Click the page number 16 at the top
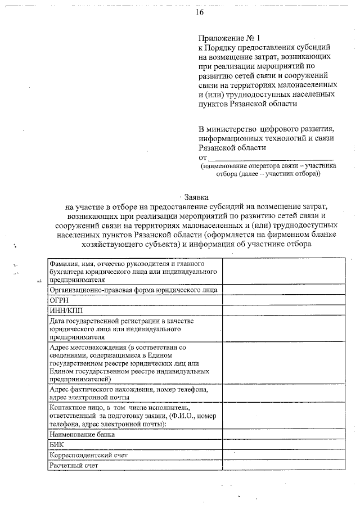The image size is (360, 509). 200,12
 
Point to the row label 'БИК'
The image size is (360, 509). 56,444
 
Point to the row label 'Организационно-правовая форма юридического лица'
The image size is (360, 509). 133,290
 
